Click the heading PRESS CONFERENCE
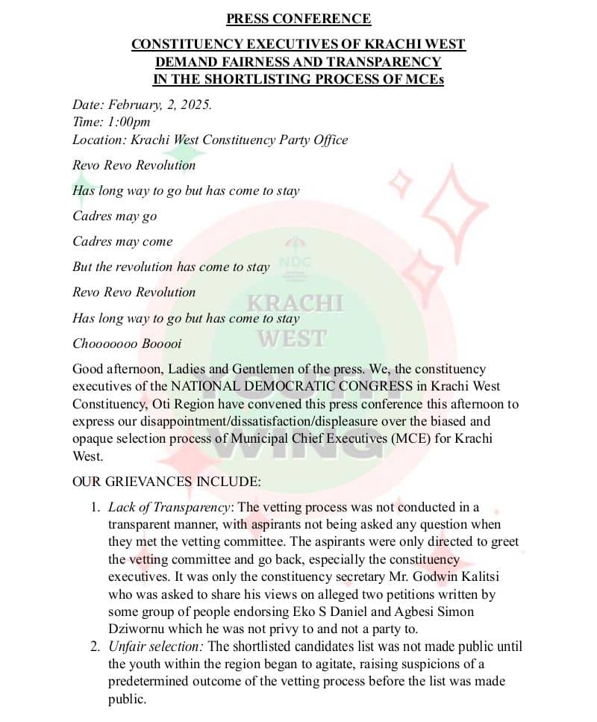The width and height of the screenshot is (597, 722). (x=298, y=19)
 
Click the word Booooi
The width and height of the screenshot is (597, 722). (x=157, y=343)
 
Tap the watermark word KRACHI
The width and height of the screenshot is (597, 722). (x=296, y=303)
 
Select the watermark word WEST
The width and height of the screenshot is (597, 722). (x=293, y=338)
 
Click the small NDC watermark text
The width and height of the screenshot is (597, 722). (x=295, y=262)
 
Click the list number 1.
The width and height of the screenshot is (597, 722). (x=96, y=508)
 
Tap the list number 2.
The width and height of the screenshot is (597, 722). (x=96, y=646)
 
